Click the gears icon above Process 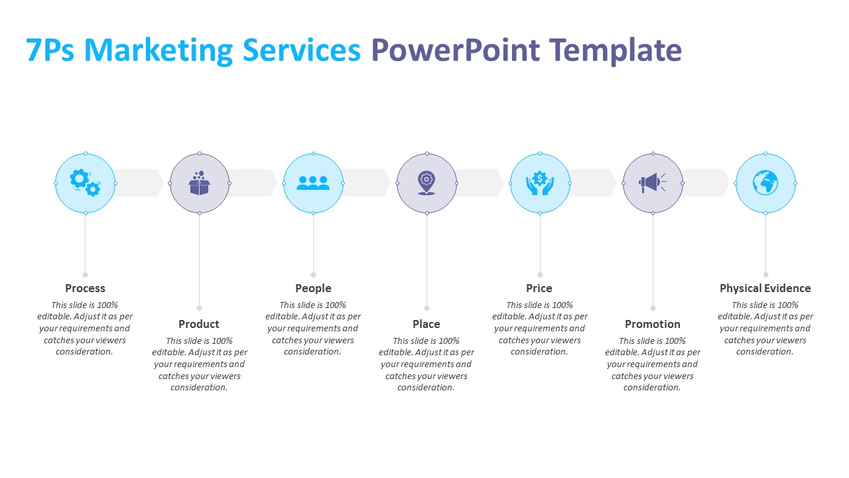pyautogui.click(x=86, y=183)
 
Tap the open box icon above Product pyautogui.click(x=199, y=183)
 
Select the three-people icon pyautogui.click(x=313, y=183)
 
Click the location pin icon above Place pyautogui.click(x=426, y=183)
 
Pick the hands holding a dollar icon pyautogui.click(x=540, y=183)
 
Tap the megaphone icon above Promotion pyautogui.click(x=652, y=183)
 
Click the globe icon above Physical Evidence pyautogui.click(x=765, y=183)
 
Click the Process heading pyautogui.click(x=85, y=288)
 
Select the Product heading pyautogui.click(x=199, y=324)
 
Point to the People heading pyautogui.click(x=313, y=288)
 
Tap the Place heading pyautogui.click(x=426, y=324)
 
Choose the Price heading pyautogui.click(x=539, y=288)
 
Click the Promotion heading pyautogui.click(x=653, y=324)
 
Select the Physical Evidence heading pyautogui.click(x=765, y=288)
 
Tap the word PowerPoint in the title pyautogui.click(x=455, y=50)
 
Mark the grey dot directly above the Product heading pyautogui.click(x=199, y=308)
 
